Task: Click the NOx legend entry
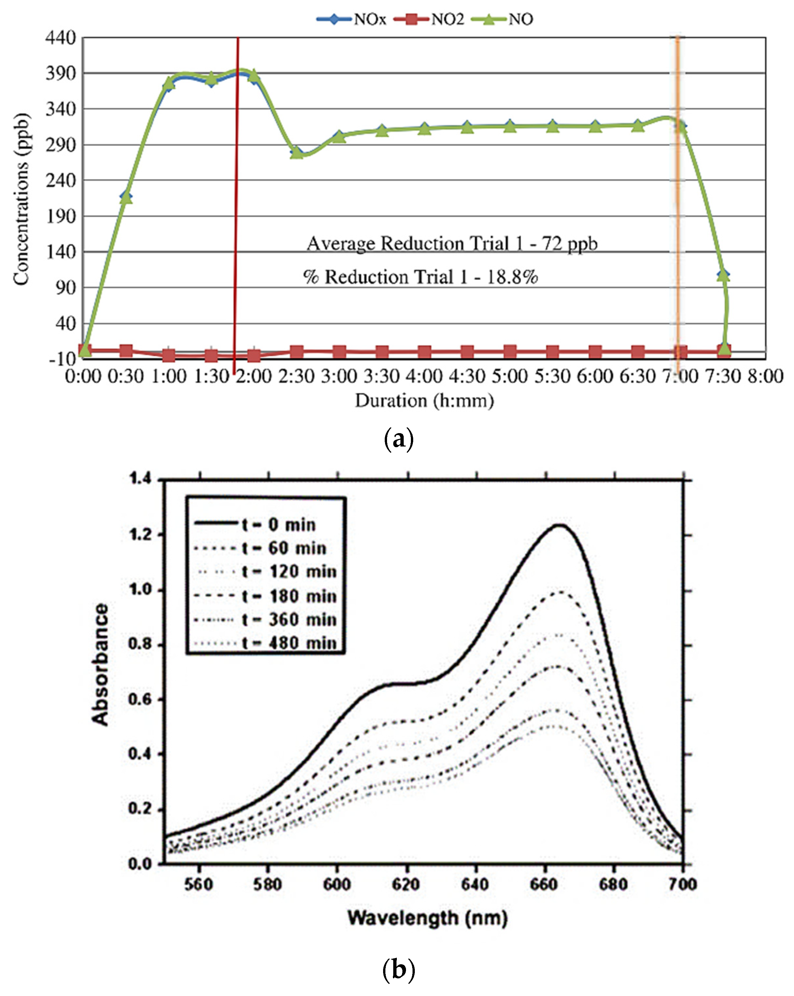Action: click(x=351, y=19)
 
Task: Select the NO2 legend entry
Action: click(x=429, y=19)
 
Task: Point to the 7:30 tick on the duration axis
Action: click(x=723, y=376)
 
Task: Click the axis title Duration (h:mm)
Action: click(x=424, y=400)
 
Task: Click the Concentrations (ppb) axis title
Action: click(x=21, y=199)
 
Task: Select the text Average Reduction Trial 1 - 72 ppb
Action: click(x=452, y=244)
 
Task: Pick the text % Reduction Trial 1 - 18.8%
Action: click(x=420, y=277)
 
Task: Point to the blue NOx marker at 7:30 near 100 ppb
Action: click(x=723, y=275)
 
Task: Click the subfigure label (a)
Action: click(x=398, y=440)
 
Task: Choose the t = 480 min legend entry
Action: click(x=265, y=643)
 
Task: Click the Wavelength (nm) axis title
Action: click(x=427, y=918)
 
